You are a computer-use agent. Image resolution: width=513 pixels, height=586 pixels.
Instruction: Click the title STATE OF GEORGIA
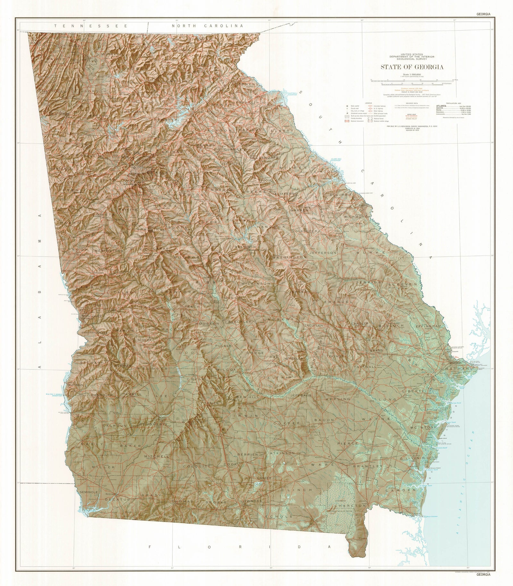[x=412, y=67]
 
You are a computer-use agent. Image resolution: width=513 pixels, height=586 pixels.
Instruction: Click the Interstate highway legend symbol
[x=370, y=106]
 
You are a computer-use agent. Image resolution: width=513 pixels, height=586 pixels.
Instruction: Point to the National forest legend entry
[x=378, y=118]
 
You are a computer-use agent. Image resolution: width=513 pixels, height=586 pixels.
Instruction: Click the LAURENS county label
[x=278, y=320]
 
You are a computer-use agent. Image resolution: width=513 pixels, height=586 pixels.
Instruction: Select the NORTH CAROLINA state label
[x=207, y=26]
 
